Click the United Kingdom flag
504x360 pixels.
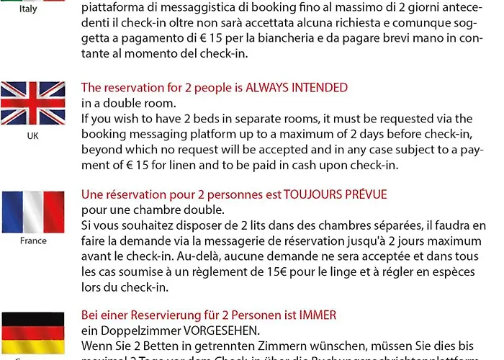pos(33,103)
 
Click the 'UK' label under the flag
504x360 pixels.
pos(33,135)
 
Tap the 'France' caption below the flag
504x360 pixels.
pos(33,241)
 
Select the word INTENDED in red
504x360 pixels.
pos(320,88)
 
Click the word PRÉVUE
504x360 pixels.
pos(368,194)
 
